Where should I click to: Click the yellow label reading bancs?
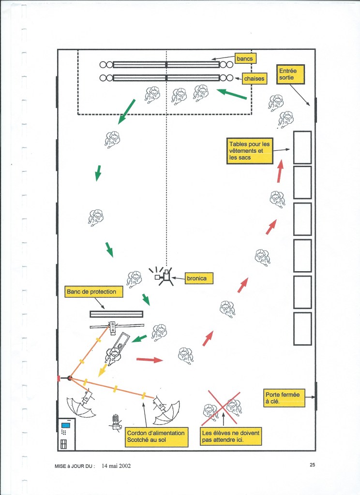[x=244, y=59]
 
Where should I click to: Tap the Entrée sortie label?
[x=291, y=74]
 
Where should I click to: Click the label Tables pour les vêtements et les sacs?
[x=250, y=150]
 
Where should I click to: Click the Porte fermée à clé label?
[x=282, y=398]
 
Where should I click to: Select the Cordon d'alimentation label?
[x=156, y=437]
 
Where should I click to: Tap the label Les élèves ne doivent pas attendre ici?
[x=231, y=437]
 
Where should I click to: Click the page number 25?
[x=312, y=465]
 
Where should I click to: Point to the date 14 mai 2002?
[x=116, y=466]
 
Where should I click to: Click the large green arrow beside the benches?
[x=232, y=94]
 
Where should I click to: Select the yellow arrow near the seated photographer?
[x=101, y=370]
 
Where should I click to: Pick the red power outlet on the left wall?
[x=59, y=378]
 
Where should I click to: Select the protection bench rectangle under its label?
[x=116, y=314]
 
